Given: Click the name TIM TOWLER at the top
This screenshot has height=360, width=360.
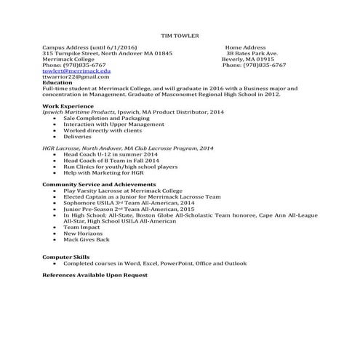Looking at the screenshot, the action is click(x=180, y=35).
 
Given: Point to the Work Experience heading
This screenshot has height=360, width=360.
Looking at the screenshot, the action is click(x=68, y=106).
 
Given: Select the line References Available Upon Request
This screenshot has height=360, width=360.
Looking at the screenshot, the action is click(x=95, y=275).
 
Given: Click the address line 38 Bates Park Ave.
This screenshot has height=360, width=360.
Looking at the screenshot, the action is click(x=252, y=53).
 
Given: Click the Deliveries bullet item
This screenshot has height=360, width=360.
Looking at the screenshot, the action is click(x=78, y=136).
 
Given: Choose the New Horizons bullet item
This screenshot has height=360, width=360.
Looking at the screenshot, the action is click(x=83, y=233).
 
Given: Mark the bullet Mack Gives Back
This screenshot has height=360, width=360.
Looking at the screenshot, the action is click(x=86, y=239).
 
